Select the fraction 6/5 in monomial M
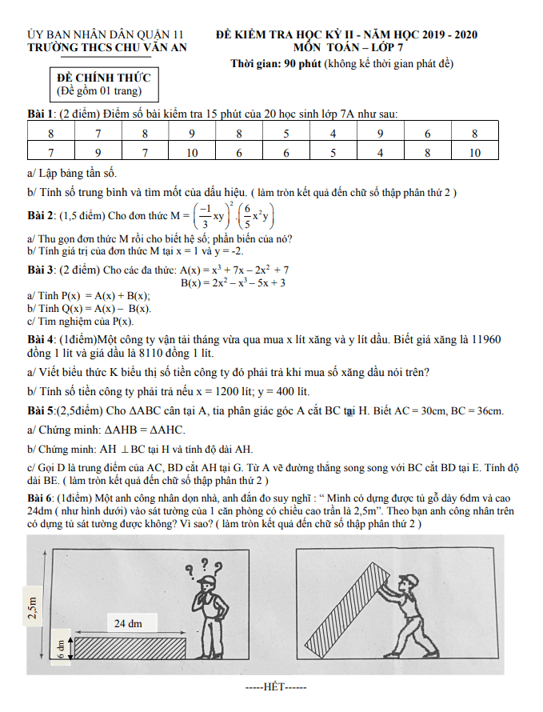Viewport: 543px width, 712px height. [248, 214]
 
